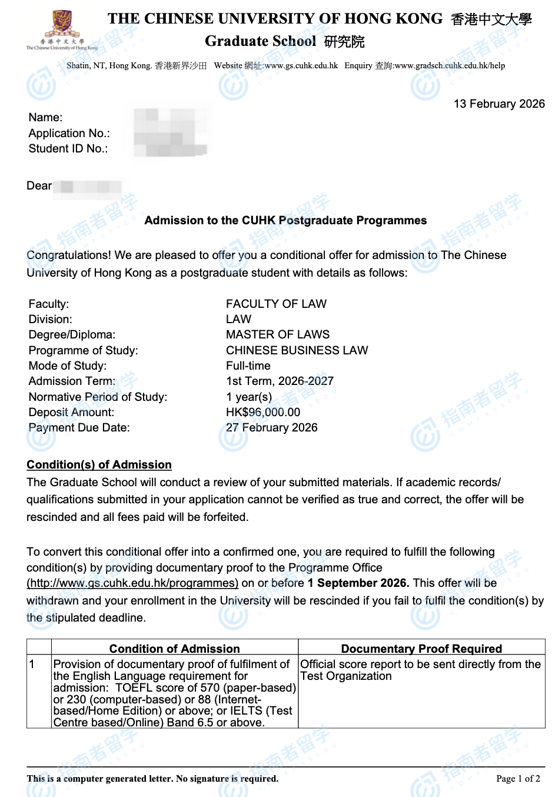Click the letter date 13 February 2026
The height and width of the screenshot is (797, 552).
point(499,104)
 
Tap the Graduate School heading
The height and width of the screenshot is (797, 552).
point(260,41)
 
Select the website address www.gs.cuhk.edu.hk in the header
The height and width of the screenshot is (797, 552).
point(301,66)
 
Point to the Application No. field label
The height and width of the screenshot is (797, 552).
point(69,133)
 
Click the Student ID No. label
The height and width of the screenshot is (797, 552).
point(68,148)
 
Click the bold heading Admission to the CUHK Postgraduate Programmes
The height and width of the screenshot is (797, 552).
point(285,221)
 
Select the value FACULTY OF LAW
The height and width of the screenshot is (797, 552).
point(276,304)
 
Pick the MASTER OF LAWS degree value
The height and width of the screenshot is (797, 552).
point(278,334)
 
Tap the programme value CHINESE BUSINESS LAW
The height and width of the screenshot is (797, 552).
point(297,350)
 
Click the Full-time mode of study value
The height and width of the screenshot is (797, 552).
point(248,366)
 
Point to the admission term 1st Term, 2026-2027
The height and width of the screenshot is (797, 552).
point(280,381)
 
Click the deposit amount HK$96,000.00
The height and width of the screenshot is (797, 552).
point(263,412)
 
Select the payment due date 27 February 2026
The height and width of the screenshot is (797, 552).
point(271,427)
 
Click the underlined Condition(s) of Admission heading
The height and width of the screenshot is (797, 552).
point(99,465)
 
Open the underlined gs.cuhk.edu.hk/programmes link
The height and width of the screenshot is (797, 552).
point(132,583)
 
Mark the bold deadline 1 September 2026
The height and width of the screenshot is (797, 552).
point(358,583)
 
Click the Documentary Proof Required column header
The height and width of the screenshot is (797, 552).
point(421,649)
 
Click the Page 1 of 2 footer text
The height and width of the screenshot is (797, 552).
point(518,779)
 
